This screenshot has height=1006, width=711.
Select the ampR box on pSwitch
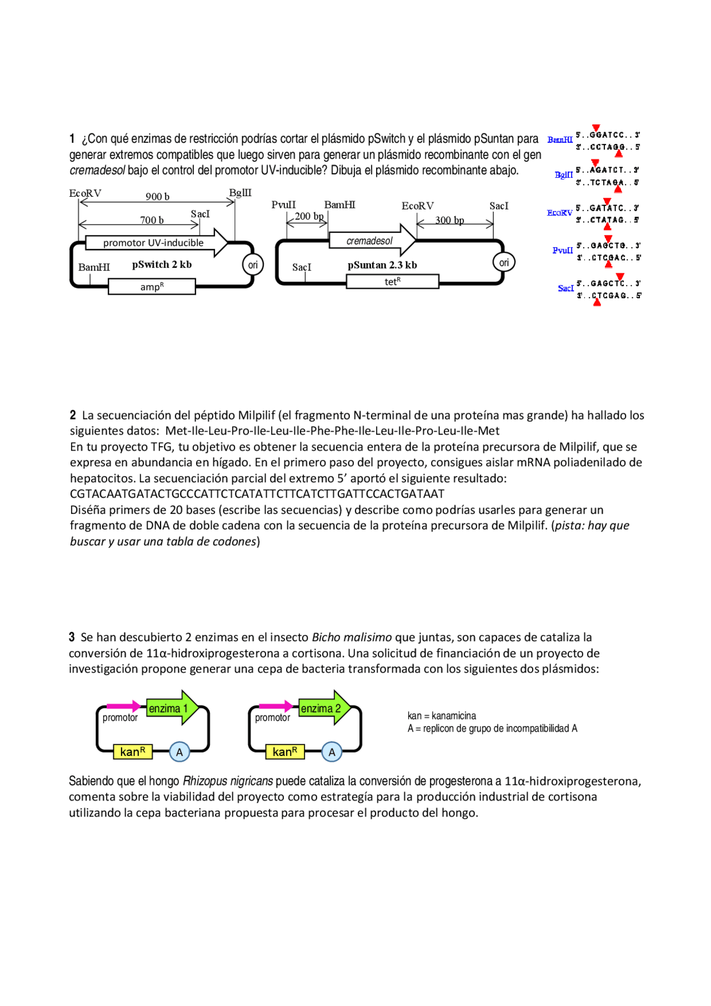152,287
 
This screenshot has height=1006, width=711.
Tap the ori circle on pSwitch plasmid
253,265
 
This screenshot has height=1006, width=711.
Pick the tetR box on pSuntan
392,282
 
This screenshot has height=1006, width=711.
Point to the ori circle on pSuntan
504,262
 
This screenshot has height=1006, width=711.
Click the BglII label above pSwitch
240,193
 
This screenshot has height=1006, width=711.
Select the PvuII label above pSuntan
283,205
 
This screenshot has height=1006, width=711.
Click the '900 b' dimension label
157,197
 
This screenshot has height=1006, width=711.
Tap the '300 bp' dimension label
449,220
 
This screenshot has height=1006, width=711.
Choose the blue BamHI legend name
559,140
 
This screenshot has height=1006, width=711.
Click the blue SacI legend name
565,288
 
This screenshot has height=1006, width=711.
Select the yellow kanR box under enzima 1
132,752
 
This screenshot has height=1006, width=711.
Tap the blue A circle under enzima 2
332,752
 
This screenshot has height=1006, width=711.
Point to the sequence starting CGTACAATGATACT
257,494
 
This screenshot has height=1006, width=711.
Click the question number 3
72,637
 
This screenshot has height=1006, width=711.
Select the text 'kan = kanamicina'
442,715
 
